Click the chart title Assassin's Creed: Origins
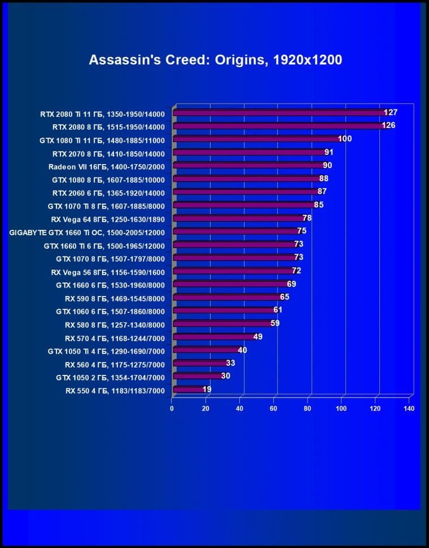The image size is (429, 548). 215,60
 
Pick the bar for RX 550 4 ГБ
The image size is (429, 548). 187,389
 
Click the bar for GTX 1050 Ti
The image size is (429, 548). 205,350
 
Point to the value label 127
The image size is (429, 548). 391,113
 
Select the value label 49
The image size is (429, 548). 257,337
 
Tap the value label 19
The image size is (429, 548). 207,389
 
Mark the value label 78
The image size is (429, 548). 307,218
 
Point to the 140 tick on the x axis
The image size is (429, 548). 409,408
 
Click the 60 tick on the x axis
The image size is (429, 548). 274,408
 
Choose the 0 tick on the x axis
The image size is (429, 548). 172,408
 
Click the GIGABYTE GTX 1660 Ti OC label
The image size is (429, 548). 87,232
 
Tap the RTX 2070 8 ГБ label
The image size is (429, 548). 108,153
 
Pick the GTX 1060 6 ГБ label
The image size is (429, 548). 110,311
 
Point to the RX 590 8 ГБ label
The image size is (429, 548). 115,298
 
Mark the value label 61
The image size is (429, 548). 278,310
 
